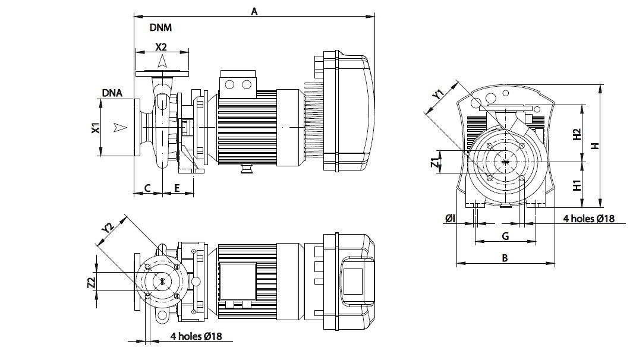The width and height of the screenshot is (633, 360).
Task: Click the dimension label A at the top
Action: pyautogui.click(x=254, y=10)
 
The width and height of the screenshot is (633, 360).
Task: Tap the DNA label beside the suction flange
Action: pyautogui.click(x=112, y=93)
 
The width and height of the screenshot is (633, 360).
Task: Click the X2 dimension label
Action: pyautogui.click(x=162, y=46)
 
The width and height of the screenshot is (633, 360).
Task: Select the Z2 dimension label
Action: pyautogui.click(x=92, y=283)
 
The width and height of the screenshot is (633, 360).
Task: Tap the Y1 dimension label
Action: pyautogui.click(x=438, y=94)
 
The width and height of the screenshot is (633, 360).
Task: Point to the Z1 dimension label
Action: pyautogui.click(x=436, y=162)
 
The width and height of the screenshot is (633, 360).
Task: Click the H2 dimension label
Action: pyautogui.click(x=576, y=134)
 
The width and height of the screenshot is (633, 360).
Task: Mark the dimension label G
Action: pyautogui.click(x=505, y=236)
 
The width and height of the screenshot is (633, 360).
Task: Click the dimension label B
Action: pyautogui.click(x=505, y=258)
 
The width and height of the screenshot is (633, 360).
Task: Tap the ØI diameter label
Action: pyautogui.click(x=450, y=219)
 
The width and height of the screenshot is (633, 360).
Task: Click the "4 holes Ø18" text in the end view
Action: pyautogui.click(x=588, y=219)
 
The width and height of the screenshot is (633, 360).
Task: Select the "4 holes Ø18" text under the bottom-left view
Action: pyautogui.click(x=196, y=336)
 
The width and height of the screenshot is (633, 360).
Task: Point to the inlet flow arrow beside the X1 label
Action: pyautogui.click(x=121, y=127)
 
